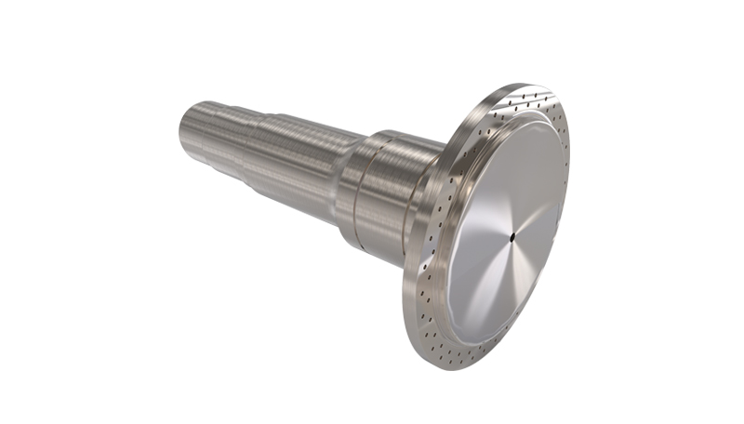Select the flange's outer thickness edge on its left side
[x=409, y=279]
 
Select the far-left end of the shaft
[x=179, y=130]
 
